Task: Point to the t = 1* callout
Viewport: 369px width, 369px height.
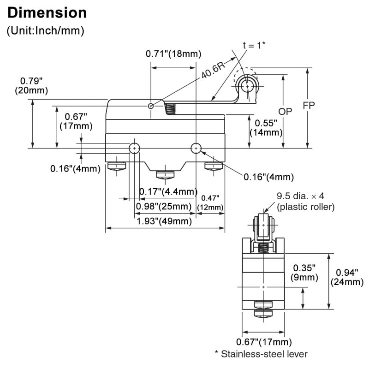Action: point(254,45)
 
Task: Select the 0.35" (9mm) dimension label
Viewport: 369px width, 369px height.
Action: point(304,272)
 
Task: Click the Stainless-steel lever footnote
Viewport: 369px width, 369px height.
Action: point(261,354)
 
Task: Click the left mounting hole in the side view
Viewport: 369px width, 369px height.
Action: point(134,148)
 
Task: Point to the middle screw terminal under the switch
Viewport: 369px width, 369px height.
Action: point(164,175)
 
